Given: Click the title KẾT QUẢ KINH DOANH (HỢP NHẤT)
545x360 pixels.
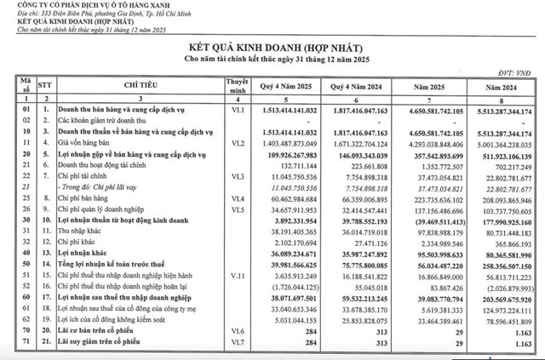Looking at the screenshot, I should (272, 53).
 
